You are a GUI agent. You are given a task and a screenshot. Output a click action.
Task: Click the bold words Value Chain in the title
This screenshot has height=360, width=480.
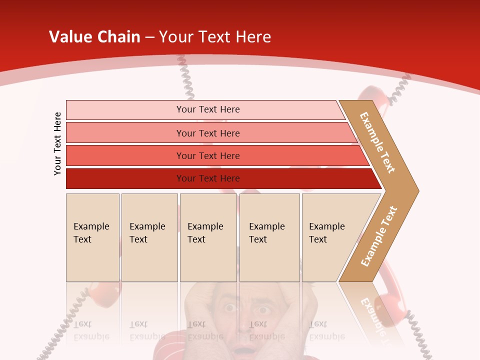(x=94, y=37)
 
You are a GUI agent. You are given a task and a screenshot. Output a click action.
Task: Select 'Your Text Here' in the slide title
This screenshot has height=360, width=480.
(x=215, y=37)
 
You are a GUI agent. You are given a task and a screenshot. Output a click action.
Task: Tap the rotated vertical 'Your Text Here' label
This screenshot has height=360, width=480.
(x=57, y=143)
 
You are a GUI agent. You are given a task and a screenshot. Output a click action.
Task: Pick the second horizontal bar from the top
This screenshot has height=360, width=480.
(x=208, y=133)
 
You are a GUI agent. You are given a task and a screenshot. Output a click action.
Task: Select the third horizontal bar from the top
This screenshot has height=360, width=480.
(x=208, y=155)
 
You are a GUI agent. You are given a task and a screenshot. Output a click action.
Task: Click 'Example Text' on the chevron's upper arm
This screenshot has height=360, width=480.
(x=378, y=142)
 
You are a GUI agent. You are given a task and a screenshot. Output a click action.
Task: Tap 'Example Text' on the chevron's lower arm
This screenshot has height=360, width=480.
(x=379, y=236)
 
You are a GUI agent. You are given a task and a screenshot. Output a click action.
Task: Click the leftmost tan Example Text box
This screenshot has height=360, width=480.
(x=92, y=237)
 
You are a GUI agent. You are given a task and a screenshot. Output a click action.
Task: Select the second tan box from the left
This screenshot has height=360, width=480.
(x=149, y=237)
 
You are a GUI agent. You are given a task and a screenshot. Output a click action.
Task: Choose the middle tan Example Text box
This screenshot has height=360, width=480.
(x=208, y=237)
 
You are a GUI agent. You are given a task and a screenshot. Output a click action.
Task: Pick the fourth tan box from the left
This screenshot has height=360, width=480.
(x=269, y=237)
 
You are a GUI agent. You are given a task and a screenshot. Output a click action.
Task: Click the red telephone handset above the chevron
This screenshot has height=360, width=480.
(x=372, y=95)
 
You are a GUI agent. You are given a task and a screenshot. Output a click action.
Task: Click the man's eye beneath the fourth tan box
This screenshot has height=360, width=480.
(x=262, y=309)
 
